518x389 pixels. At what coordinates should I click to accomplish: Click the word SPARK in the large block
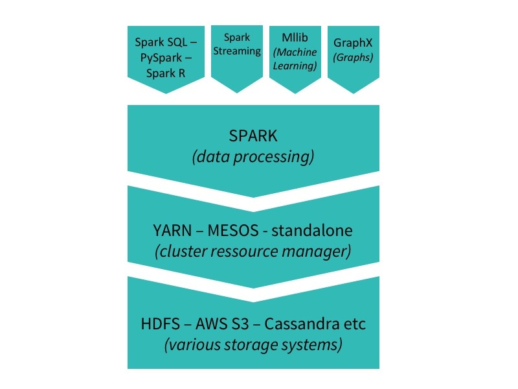(253, 136)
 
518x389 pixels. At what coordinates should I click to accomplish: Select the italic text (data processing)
(253, 157)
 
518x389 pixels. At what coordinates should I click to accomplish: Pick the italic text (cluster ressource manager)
(253, 252)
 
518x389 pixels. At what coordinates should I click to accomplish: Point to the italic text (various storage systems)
(253, 344)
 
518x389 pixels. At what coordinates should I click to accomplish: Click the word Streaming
(237, 51)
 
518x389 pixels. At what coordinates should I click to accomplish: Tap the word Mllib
(295, 38)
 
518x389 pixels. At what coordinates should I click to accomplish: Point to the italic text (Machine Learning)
(295, 59)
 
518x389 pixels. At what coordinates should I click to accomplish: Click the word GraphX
(353, 43)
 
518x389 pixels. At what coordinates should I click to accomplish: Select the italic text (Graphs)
(353, 57)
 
